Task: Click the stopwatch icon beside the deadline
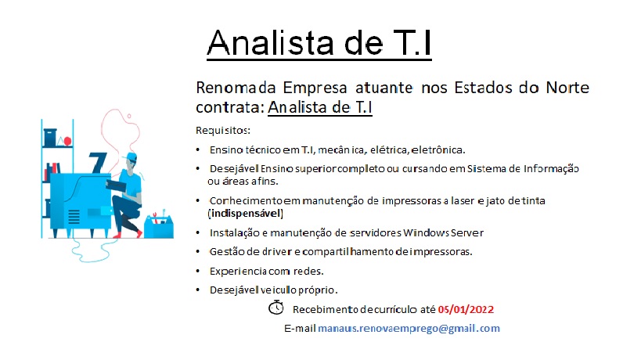tap(276, 308)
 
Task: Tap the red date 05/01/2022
tap(466, 309)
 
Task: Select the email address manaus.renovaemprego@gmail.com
tap(409, 329)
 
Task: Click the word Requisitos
tap(222, 131)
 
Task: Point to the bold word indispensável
tap(246, 214)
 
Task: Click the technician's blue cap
tap(131, 157)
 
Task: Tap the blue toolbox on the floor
tap(159, 226)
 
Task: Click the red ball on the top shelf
tap(67, 141)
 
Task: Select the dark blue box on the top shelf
tap(50, 137)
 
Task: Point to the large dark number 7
tap(98, 163)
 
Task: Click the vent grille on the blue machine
tap(74, 217)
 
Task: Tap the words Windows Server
tap(443, 233)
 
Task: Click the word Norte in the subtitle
tap(567, 88)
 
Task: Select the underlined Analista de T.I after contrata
tap(319, 107)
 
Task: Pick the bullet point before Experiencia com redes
tap(198, 271)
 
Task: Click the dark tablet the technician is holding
tap(116, 185)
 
